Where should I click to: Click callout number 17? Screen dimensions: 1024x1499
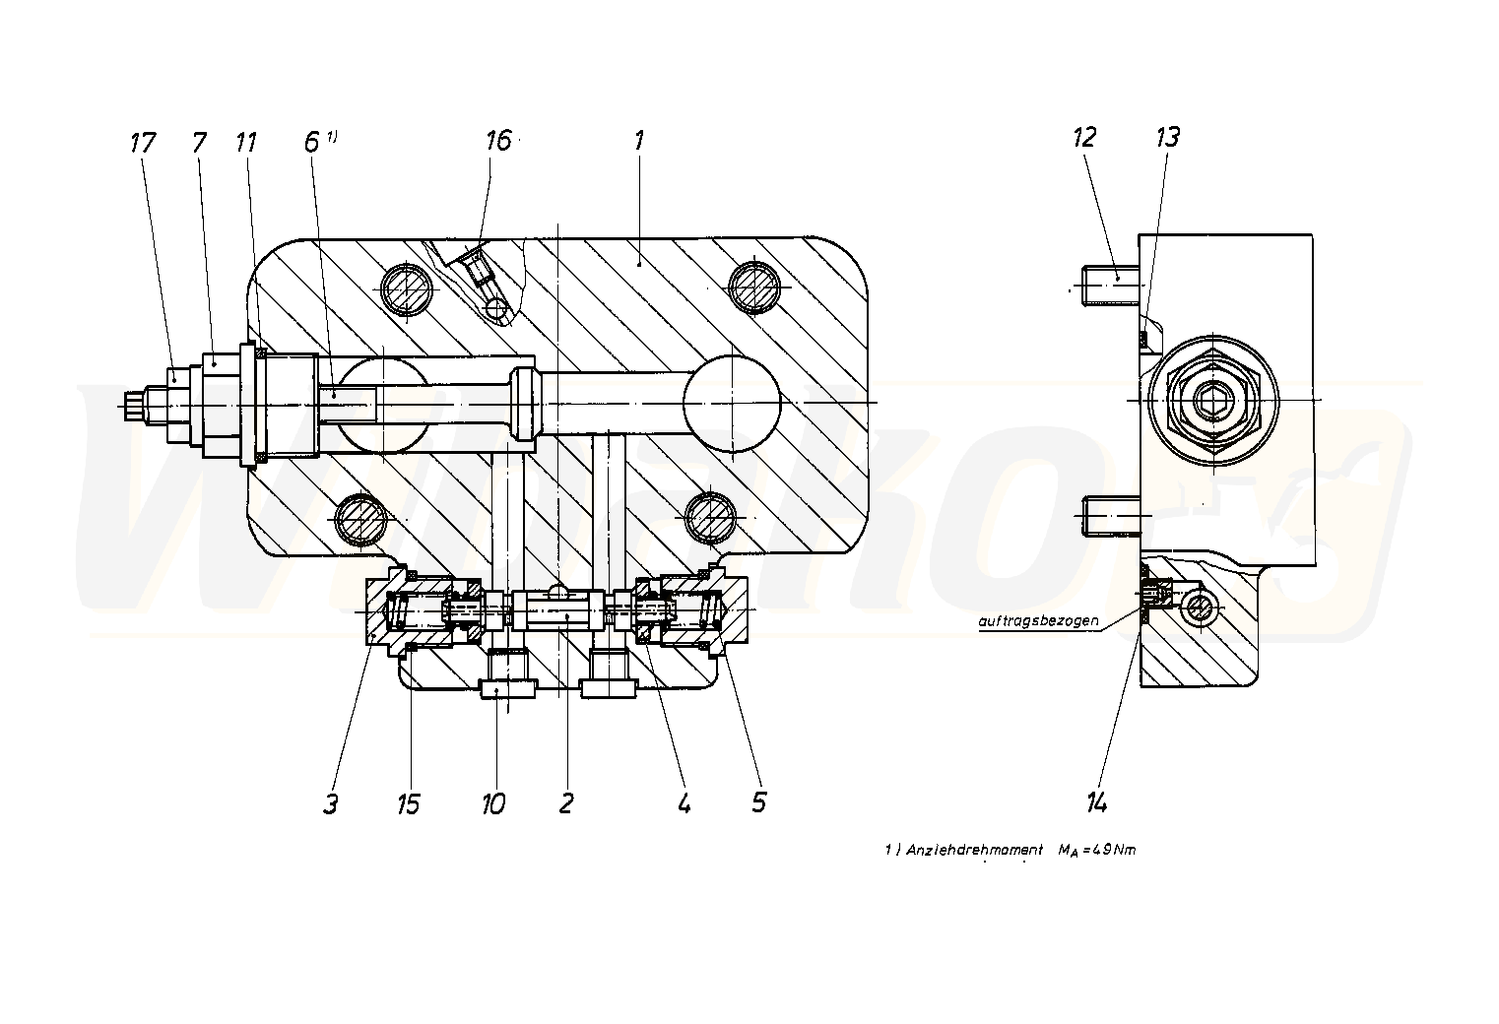pyautogui.click(x=143, y=143)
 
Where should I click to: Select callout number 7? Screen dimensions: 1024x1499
pyautogui.click(x=200, y=143)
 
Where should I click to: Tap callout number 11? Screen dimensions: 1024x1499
pyautogui.click(x=245, y=143)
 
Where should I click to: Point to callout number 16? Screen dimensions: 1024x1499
pyautogui.click(x=498, y=141)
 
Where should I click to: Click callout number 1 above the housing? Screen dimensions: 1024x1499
pyautogui.click(x=638, y=140)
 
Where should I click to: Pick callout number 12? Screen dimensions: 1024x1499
pyautogui.click(x=1083, y=137)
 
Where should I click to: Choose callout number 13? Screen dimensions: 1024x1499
pyautogui.click(x=1167, y=137)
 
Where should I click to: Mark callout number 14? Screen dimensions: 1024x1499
pyautogui.click(x=1097, y=803)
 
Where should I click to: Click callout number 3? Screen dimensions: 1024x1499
pyautogui.click(x=331, y=803)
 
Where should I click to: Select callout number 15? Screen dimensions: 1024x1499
pyautogui.click(x=408, y=803)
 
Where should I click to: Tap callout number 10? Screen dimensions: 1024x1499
pyautogui.click(x=493, y=803)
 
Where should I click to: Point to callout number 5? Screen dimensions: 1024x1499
pyautogui.click(x=757, y=801)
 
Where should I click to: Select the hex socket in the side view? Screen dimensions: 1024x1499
pyautogui.click(x=1208, y=402)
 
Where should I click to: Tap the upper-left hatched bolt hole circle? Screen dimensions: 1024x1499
pyautogui.click(x=407, y=288)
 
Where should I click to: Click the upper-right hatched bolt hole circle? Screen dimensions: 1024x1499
pyautogui.click(x=753, y=286)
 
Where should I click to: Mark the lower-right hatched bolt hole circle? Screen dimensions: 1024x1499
pyautogui.click(x=709, y=516)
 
